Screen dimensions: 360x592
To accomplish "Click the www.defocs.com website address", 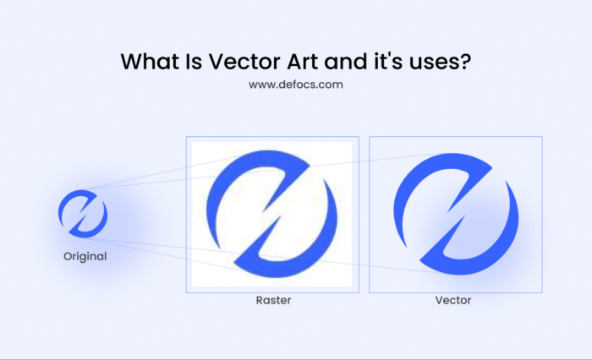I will click(x=296, y=85).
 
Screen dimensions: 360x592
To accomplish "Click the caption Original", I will click(x=85, y=256).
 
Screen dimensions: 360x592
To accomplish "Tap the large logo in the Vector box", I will click(x=455, y=215).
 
